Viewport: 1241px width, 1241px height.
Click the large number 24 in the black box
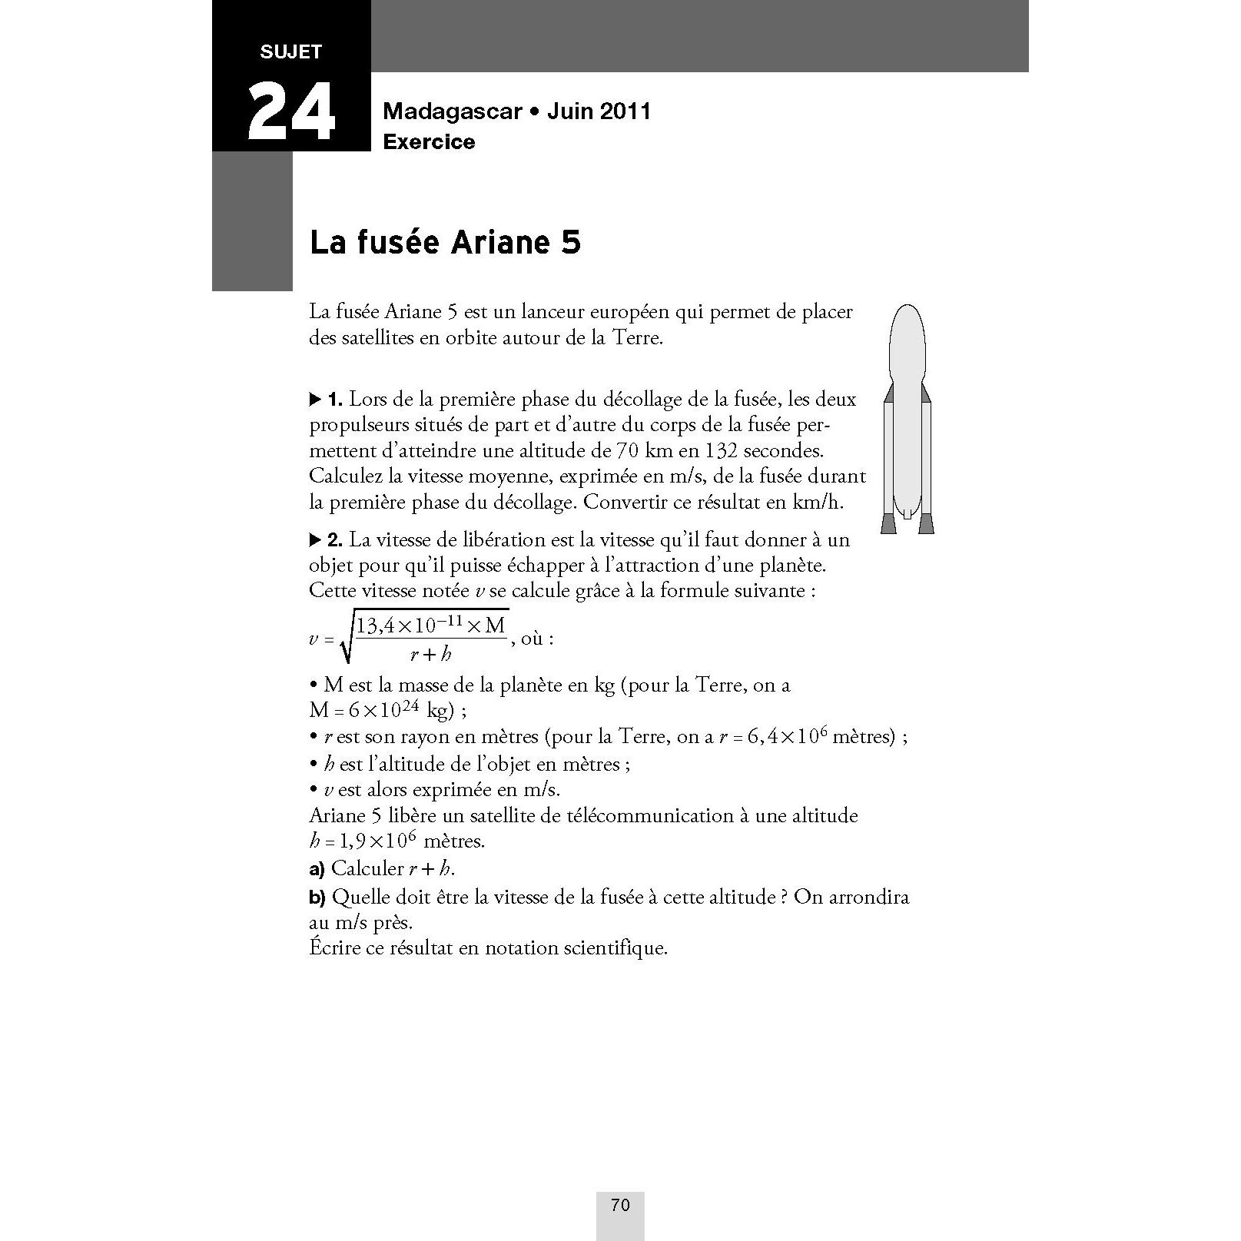point(291,112)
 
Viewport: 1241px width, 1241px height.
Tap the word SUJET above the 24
point(290,52)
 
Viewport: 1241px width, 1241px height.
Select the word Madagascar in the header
point(453,111)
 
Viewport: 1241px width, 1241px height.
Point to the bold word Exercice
point(429,142)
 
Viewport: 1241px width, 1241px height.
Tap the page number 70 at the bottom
point(620,1204)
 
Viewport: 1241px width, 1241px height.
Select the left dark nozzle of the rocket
point(888,524)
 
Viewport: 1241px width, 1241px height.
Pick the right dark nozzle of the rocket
point(926,524)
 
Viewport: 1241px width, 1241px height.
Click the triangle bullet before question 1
point(314,400)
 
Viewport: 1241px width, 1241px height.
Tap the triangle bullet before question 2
point(314,540)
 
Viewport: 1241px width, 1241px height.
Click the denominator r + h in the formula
point(430,655)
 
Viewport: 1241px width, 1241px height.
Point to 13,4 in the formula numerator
point(375,626)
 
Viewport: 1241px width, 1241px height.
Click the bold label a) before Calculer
point(317,869)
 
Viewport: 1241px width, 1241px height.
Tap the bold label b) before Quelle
point(317,898)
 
